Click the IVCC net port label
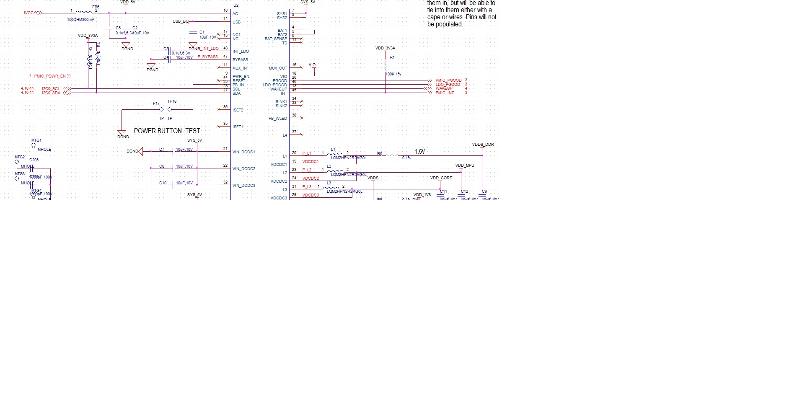pyautogui.click(x=28, y=13)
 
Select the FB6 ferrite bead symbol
pyautogui.click(x=84, y=13)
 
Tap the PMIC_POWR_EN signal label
pyautogui.click(x=50, y=76)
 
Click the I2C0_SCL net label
pyautogui.click(x=51, y=89)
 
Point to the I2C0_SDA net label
pyautogui.click(x=51, y=93)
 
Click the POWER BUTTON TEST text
pyautogui.click(x=167, y=131)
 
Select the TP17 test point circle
pyautogui.click(x=161, y=110)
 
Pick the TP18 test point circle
pyautogui.click(x=170, y=110)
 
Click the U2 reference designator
pyautogui.click(x=236, y=5)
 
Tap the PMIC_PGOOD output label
pyautogui.click(x=448, y=80)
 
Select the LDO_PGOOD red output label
pyautogui.click(x=448, y=84)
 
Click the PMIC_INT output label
pyautogui.click(x=445, y=93)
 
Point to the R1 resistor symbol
pyautogui.click(x=385, y=65)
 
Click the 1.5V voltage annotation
pyautogui.click(x=420, y=152)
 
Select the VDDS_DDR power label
pyautogui.click(x=483, y=145)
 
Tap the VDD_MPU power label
pyautogui.click(x=465, y=166)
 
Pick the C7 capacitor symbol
pyautogui.click(x=173, y=151)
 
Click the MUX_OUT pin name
pyautogui.click(x=278, y=68)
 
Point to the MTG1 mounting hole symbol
pyautogui.click(x=34, y=146)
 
